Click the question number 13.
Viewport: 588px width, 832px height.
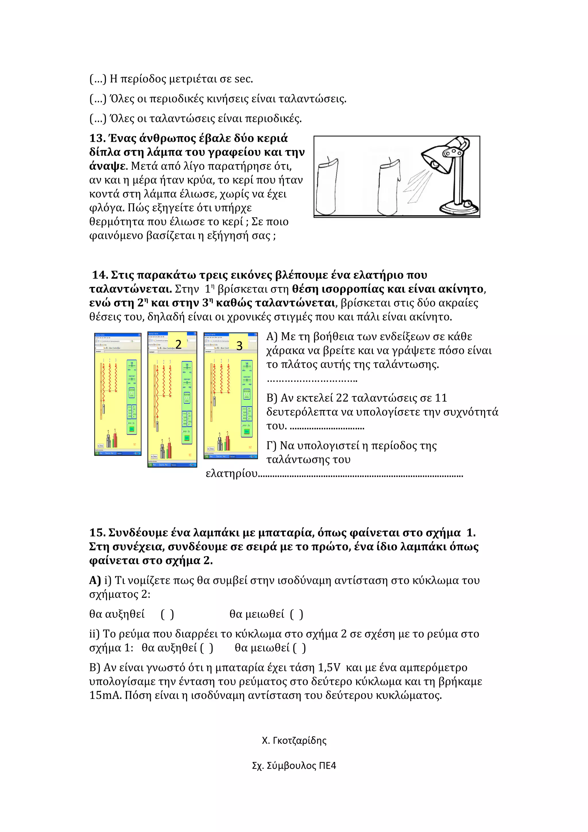coord(97,138)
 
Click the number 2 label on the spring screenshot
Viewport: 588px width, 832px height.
coord(178,344)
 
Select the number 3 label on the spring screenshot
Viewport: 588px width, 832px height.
coord(239,346)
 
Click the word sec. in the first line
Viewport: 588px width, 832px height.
coord(243,79)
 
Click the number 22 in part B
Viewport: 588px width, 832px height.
coord(342,398)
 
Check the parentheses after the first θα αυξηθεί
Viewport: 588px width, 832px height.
coord(167,614)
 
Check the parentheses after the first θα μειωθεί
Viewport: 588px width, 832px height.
coord(296,614)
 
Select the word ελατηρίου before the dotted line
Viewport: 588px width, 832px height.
coord(231,474)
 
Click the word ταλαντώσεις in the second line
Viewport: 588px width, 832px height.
coord(313,99)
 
